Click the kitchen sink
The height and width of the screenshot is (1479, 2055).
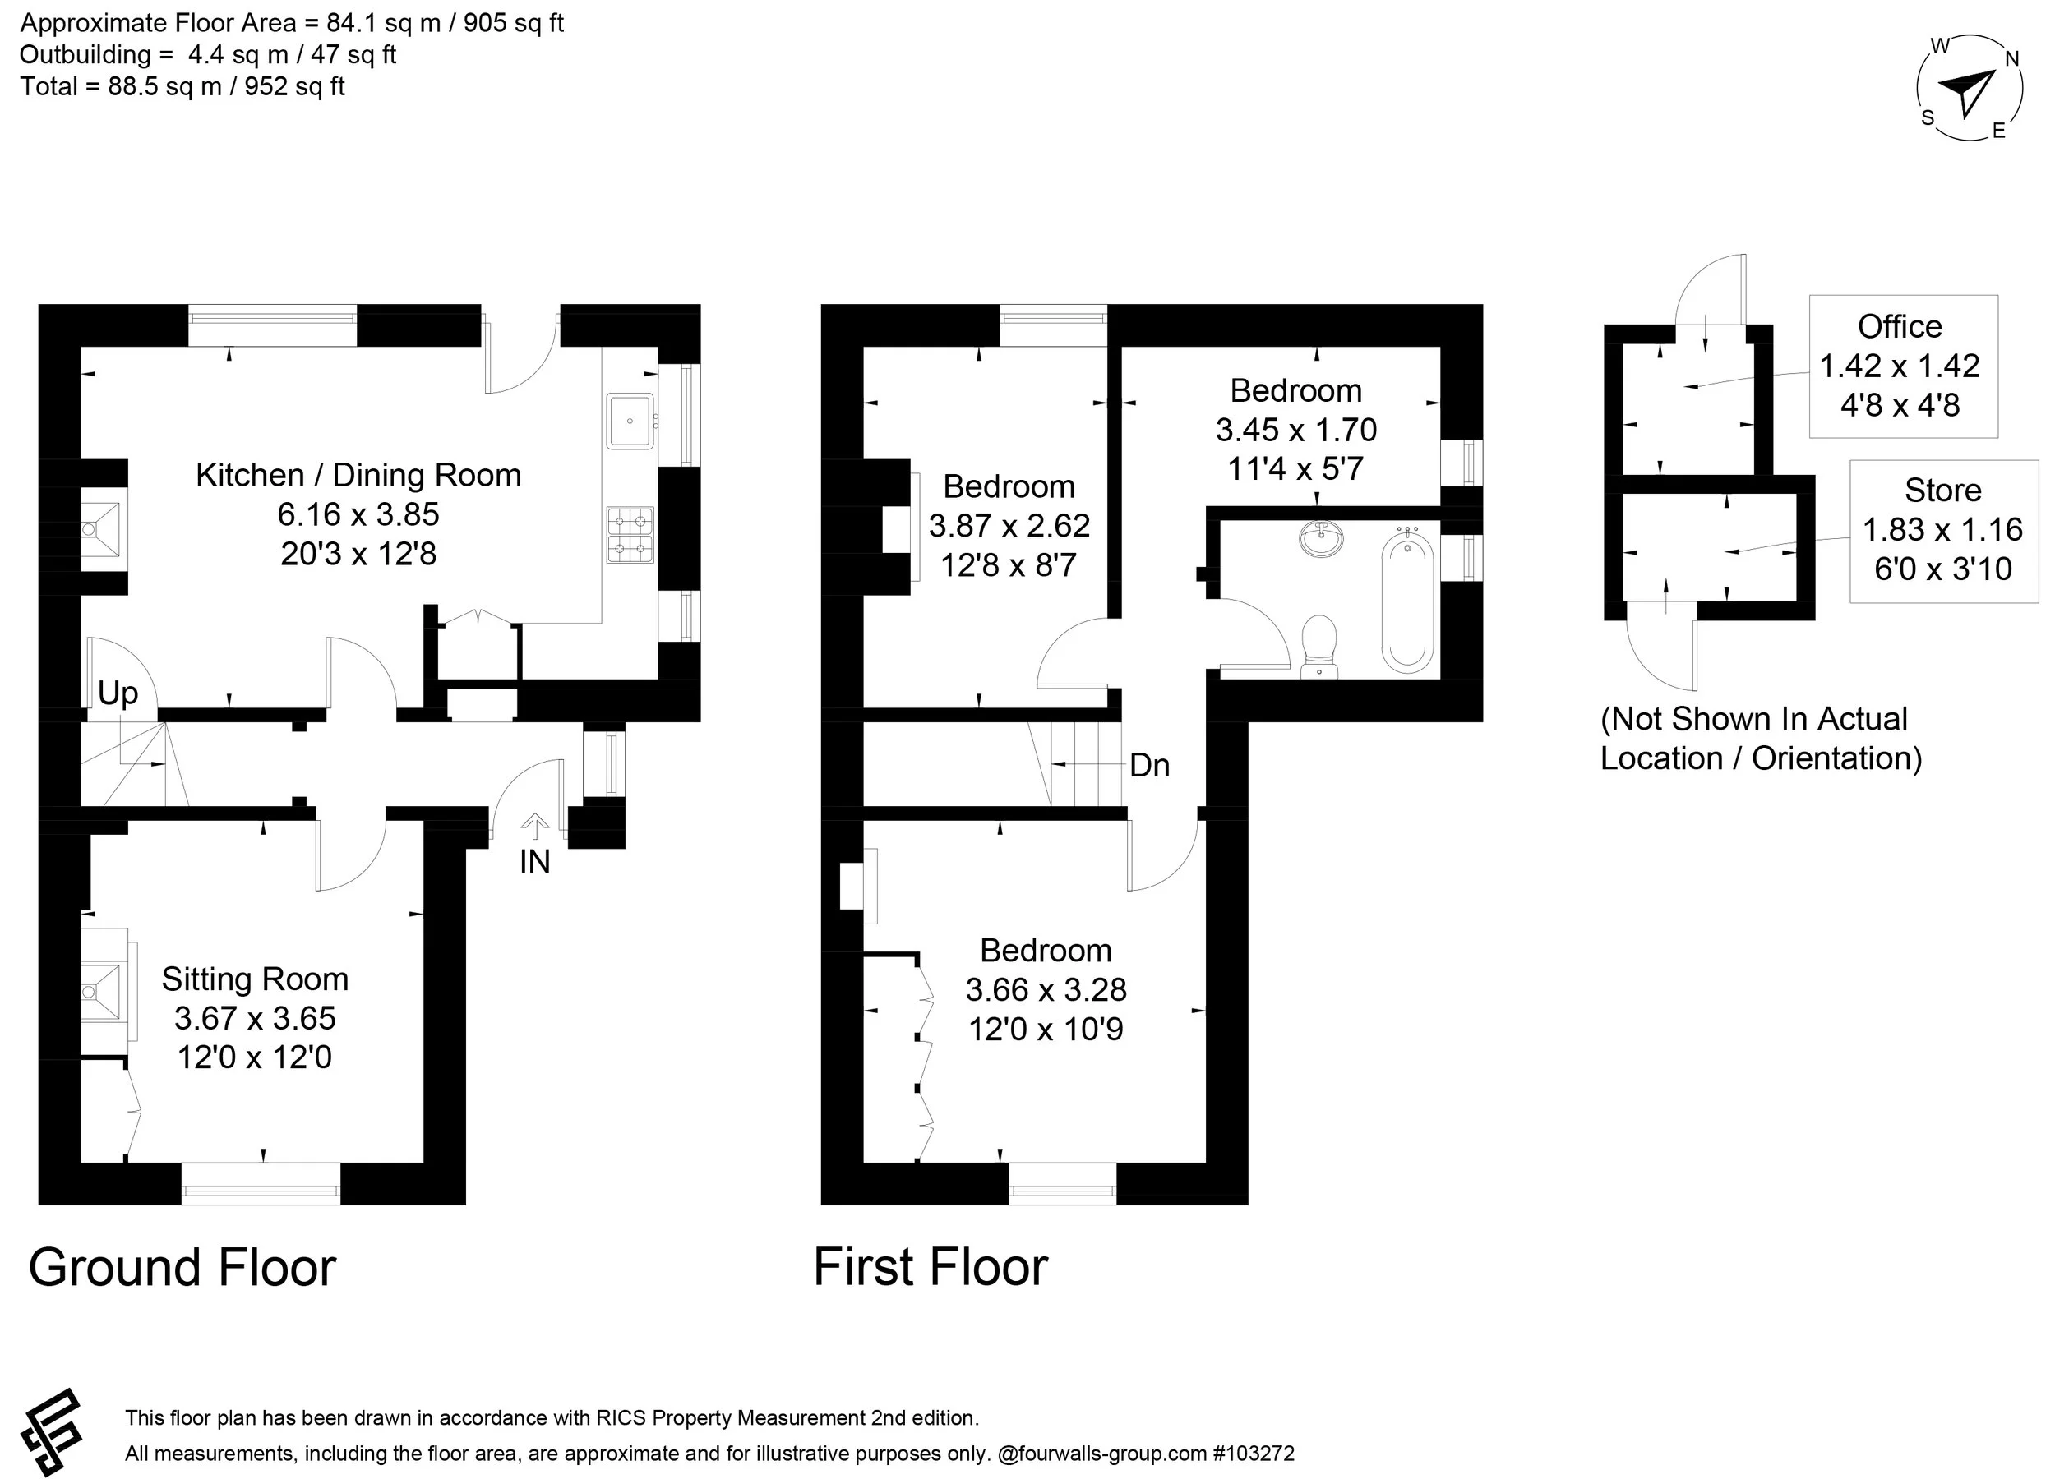(x=630, y=422)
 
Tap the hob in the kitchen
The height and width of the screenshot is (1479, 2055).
(x=630, y=534)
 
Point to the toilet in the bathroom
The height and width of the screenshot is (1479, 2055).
(x=1319, y=644)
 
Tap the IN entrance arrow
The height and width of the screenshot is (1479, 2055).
(x=534, y=827)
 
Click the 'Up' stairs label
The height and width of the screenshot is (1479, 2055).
(x=118, y=693)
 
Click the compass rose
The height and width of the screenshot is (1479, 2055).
(x=1968, y=88)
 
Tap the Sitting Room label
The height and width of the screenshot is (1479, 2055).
(x=255, y=979)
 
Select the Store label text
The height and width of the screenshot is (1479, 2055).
(x=1942, y=490)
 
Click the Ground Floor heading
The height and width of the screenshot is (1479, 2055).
(x=182, y=1267)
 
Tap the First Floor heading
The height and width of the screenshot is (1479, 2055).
(x=931, y=1267)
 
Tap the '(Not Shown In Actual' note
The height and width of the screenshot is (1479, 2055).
(x=1754, y=719)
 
